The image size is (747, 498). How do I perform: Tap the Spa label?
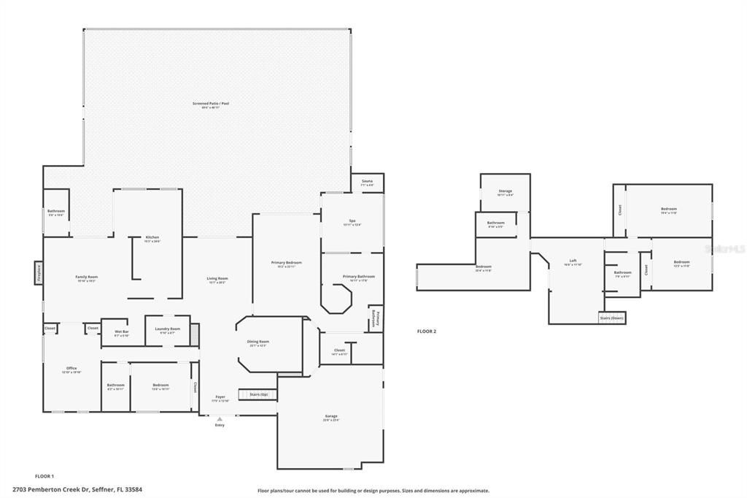352,221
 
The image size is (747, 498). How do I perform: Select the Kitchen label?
152,238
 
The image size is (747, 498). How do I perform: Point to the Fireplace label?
38,272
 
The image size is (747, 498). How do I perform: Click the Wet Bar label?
121,332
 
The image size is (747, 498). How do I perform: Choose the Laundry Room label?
167,330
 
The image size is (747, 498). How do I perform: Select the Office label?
71,369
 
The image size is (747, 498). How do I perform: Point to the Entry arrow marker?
220,419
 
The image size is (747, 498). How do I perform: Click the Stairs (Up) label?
259,394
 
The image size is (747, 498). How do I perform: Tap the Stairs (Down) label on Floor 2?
611,318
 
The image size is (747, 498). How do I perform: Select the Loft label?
573,262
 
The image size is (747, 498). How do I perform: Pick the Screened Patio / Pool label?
211,104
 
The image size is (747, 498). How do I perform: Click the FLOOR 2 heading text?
426,332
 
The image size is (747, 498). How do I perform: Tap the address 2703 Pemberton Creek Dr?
77,489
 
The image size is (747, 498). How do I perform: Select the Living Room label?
217,279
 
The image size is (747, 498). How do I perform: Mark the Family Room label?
87,278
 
